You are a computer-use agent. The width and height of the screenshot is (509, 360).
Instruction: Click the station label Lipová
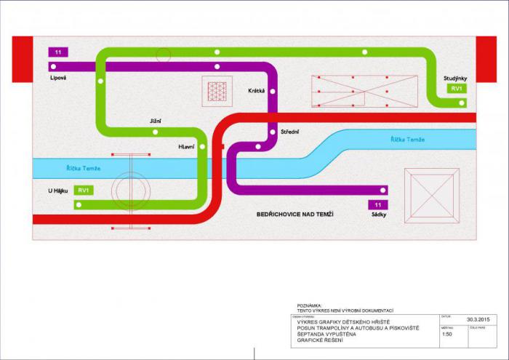[x=58, y=77]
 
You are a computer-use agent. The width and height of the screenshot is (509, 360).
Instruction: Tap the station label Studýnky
[x=455, y=78]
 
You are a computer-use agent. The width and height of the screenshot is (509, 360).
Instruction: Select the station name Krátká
[x=256, y=91]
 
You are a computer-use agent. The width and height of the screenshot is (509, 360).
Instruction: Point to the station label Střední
[x=290, y=132]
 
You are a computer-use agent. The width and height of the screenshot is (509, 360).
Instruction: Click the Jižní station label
[x=155, y=121]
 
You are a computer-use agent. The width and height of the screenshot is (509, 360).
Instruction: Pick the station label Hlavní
[x=187, y=147]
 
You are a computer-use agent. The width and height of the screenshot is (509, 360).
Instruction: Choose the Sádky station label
[x=378, y=215]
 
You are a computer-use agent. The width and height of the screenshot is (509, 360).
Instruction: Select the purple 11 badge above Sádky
[x=378, y=205]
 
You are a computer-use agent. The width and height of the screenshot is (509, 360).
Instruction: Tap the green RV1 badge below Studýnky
[x=457, y=89]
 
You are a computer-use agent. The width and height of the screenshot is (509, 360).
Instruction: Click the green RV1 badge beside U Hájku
[x=84, y=191]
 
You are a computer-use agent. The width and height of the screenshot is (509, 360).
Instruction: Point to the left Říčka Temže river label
[x=84, y=169]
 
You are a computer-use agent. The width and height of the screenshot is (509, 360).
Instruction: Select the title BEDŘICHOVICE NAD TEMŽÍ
[x=294, y=215]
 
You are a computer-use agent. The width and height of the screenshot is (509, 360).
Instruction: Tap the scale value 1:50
[x=447, y=334]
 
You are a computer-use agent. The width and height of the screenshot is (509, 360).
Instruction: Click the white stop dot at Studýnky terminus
[x=462, y=103]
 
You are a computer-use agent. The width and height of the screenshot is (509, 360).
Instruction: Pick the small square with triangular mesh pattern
[x=217, y=91]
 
